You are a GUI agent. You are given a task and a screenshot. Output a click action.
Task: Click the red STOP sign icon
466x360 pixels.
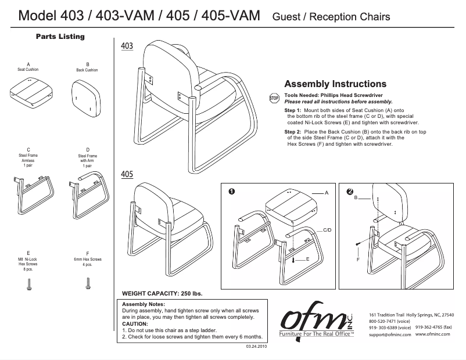(275, 98)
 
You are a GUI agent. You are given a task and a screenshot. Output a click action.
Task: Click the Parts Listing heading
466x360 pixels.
(60, 37)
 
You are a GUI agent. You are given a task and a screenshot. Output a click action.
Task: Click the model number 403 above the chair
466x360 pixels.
(127, 46)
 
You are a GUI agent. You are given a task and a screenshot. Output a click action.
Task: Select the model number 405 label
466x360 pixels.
(127, 174)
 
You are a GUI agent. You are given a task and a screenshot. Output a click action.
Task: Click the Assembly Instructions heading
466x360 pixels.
(335, 84)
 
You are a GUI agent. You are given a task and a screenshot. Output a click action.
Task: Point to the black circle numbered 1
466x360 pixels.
(231, 192)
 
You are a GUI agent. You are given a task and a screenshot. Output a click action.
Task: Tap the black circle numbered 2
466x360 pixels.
(349, 192)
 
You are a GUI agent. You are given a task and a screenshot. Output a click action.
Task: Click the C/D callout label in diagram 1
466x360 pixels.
(328, 231)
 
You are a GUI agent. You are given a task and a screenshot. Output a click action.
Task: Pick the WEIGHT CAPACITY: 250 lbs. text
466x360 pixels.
(162, 293)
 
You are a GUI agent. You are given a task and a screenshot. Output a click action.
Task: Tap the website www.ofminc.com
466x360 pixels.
(435, 335)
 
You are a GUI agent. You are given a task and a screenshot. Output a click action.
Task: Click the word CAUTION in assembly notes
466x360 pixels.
(135, 324)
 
